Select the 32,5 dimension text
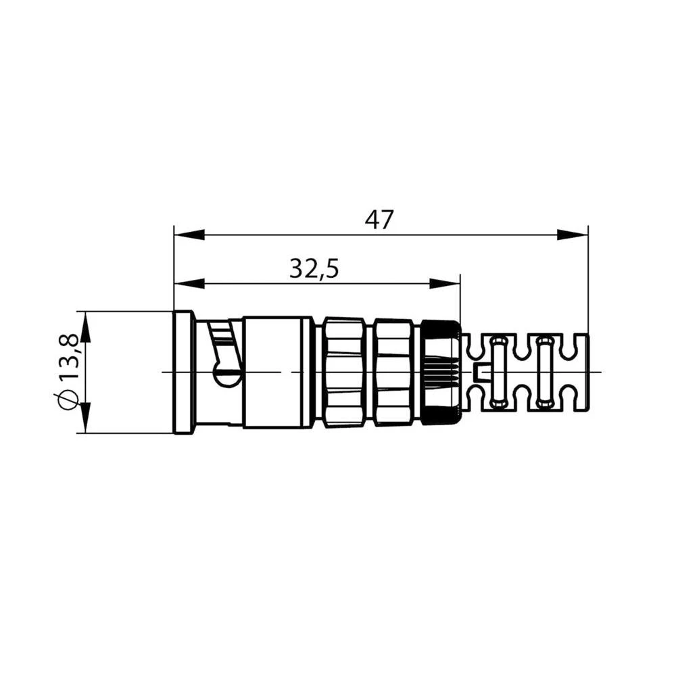314,269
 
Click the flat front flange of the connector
183,372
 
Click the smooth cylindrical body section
277,372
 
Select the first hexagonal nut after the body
345,372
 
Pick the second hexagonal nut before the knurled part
393,372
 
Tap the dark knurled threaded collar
441,372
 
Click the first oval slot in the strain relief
498,372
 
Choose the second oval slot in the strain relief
544,372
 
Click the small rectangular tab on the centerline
482,371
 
